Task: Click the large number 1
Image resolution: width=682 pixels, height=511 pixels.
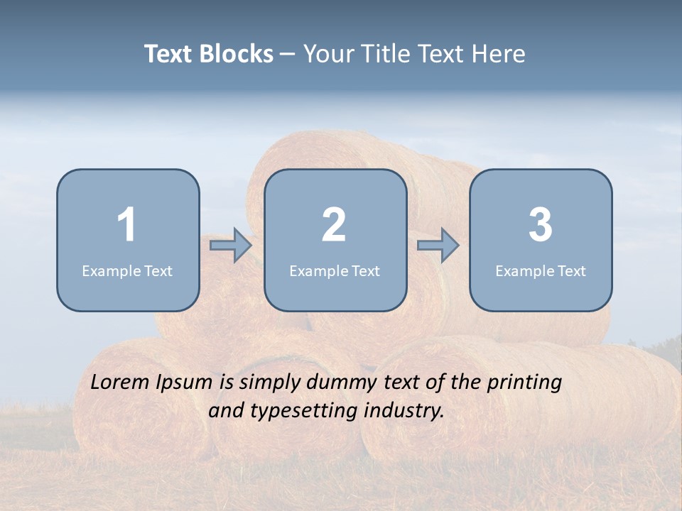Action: tap(126, 225)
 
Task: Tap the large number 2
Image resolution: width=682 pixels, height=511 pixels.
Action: tap(334, 225)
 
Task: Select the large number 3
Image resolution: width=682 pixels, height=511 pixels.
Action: tap(541, 225)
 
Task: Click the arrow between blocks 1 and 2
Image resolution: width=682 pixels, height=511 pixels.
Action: tap(231, 246)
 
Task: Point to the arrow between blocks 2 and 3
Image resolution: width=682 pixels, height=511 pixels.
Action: tap(438, 246)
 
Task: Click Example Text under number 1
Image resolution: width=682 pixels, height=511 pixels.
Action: tap(127, 270)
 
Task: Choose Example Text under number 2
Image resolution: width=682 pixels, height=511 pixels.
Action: tap(335, 270)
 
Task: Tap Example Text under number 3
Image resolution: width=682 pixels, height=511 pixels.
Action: tap(541, 270)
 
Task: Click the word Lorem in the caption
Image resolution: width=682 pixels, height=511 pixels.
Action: tap(120, 382)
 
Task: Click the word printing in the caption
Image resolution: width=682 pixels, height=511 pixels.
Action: tap(524, 383)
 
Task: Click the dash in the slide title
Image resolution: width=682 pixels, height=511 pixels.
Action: tap(288, 55)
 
